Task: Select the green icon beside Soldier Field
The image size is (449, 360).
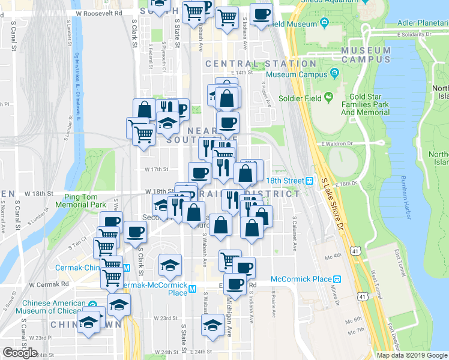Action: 328,97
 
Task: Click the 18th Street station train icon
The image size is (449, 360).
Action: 309,181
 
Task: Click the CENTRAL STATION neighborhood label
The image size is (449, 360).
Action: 261,64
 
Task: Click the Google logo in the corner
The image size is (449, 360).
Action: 20,352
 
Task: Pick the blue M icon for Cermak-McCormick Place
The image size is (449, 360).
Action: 192,289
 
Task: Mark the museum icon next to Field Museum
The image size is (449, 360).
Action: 325,23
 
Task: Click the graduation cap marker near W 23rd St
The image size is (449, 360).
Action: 212,326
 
